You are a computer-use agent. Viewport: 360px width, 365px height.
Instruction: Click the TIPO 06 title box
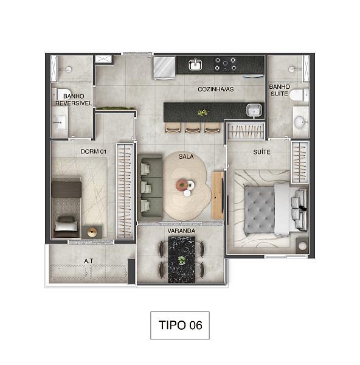180,325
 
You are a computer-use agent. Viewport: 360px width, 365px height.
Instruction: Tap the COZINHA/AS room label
216,89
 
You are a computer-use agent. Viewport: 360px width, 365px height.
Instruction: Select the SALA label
186,157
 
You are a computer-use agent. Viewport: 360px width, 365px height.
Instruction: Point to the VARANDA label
181,231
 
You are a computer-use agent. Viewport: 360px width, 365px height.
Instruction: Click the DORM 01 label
94,151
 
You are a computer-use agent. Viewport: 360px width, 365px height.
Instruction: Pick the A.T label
89,261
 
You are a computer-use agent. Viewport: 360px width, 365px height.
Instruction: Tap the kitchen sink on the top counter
195,64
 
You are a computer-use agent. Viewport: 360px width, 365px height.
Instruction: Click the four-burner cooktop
225,64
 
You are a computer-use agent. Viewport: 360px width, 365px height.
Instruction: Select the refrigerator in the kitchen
164,68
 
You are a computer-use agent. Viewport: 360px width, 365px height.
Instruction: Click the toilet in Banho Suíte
299,95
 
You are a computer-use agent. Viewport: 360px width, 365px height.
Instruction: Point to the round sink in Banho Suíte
300,122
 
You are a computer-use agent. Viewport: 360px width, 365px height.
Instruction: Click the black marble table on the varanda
182,260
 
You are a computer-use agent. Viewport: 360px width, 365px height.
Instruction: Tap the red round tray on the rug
182,185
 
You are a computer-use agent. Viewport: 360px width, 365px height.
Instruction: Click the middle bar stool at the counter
193,128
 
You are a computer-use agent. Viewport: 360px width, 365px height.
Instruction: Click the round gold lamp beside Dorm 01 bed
92,232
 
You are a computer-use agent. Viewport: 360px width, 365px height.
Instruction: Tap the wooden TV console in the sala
218,195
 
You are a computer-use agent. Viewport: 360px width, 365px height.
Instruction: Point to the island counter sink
254,110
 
